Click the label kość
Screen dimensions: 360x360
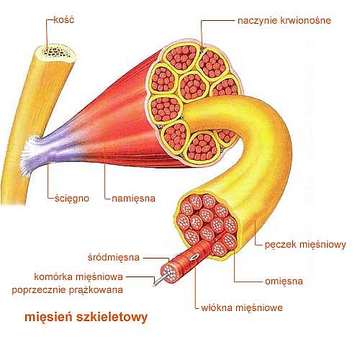point(64,19)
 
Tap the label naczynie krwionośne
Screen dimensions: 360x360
point(284,20)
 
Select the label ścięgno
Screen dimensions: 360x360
point(72,199)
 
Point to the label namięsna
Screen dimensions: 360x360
point(133,199)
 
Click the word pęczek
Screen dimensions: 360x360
point(280,245)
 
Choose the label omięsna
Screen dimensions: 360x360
point(284,282)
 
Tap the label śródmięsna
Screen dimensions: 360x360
point(114,257)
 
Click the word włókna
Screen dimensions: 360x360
point(217,307)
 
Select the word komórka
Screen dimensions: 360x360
point(53,276)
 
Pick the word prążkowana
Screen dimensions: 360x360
point(96,290)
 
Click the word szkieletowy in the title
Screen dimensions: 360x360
point(112,318)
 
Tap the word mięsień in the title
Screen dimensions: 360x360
point(48,318)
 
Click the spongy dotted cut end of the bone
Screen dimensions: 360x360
point(55,53)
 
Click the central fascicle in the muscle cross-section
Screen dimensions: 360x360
point(193,86)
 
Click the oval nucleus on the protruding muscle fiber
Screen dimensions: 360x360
point(193,258)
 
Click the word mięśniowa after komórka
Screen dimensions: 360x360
point(99,276)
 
